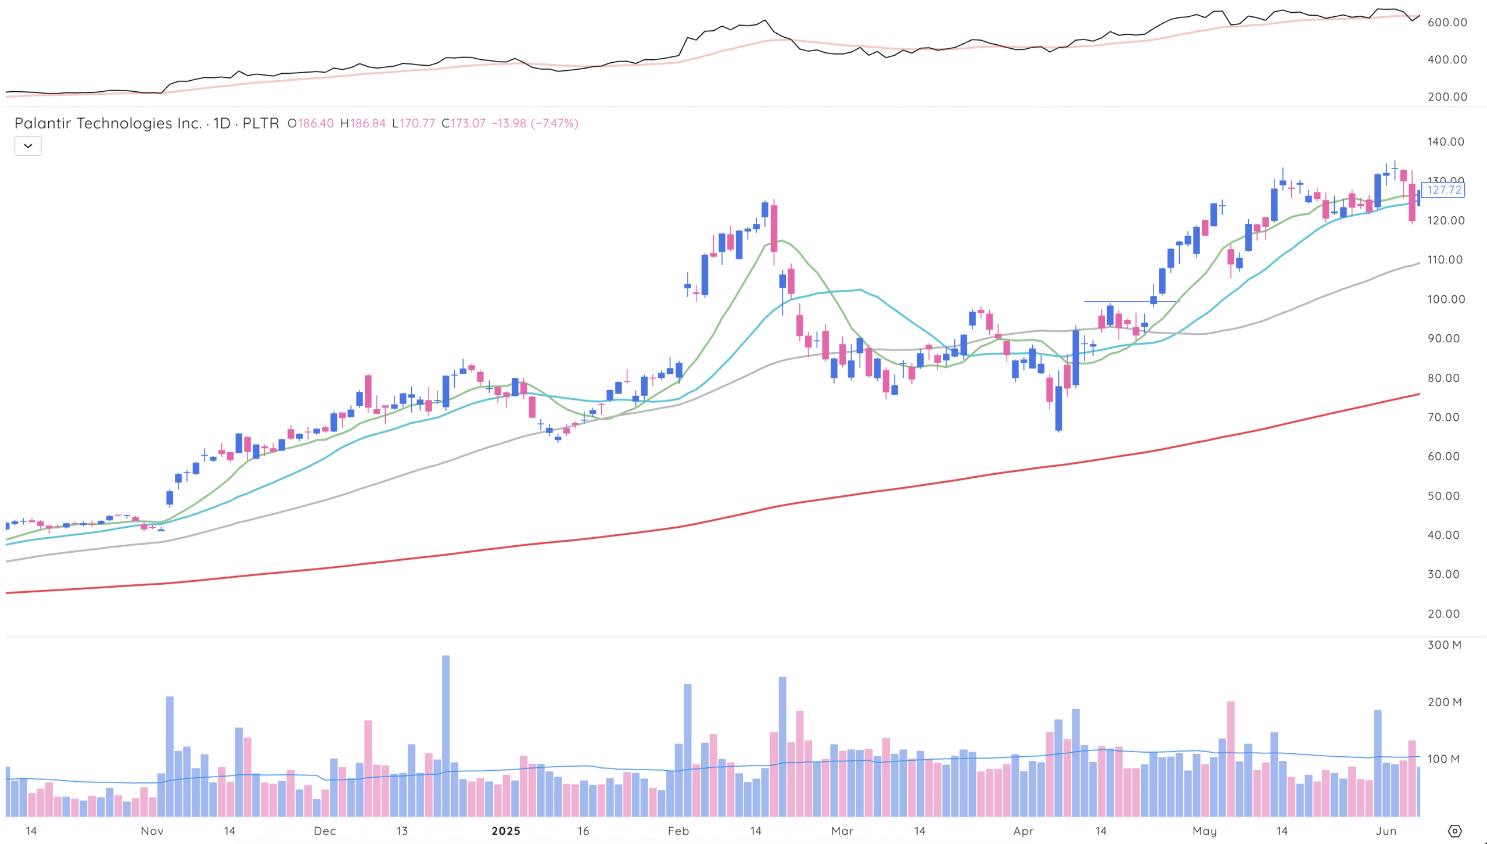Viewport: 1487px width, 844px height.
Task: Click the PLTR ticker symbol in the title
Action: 260,123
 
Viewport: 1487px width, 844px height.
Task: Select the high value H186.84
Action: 363,123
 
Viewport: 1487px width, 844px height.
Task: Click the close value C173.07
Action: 463,123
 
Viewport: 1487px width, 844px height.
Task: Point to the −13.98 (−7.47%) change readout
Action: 535,123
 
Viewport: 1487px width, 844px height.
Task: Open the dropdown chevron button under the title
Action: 28,146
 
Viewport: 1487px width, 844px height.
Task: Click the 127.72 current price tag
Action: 1443,190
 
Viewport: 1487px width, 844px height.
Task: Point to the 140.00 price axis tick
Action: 1446,142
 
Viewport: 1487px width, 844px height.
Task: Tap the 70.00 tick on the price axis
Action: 1443,417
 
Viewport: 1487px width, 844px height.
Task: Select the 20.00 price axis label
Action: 1443,614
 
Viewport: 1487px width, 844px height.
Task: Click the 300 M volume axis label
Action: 1445,645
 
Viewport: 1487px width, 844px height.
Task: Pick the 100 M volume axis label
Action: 1445,759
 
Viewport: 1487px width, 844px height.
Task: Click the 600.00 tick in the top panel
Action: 1447,22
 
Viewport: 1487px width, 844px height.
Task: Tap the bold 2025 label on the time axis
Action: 506,831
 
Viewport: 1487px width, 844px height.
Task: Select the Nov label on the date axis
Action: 152,831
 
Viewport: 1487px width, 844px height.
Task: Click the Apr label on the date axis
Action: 1023,831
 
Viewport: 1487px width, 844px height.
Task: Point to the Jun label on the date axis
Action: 1386,831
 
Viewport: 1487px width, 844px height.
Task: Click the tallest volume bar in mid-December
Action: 446,735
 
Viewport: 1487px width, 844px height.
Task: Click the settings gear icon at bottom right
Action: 1454,831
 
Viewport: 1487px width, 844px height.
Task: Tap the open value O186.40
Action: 311,123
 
